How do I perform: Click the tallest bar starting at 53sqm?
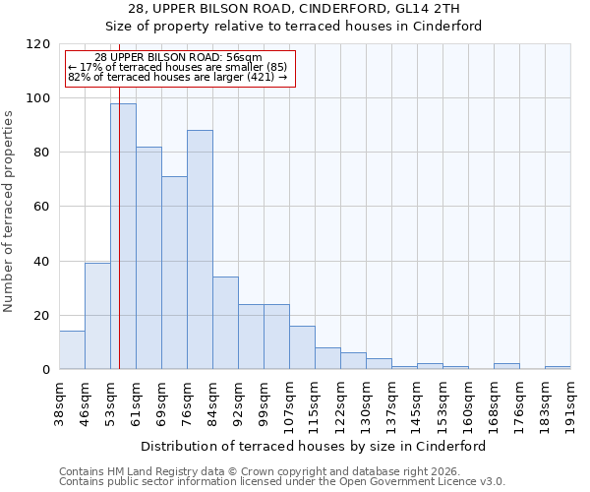(x=123, y=236)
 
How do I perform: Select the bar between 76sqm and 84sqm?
(x=200, y=250)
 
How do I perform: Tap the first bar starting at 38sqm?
(x=72, y=350)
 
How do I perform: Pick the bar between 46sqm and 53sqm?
(x=97, y=316)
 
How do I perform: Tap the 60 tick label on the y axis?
(x=42, y=207)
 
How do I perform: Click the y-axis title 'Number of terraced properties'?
(x=9, y=211)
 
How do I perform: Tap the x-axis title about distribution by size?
(x=315, y=446)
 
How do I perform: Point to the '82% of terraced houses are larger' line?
(x=177, y=77)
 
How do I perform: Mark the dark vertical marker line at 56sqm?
(x=119, y=246)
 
